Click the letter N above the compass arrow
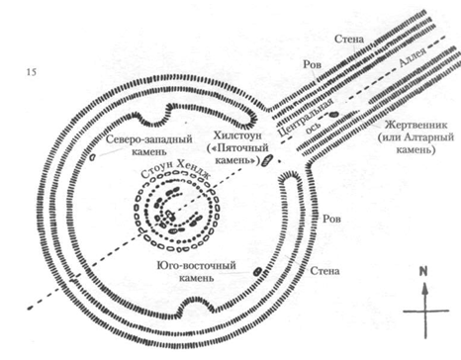[423, 271]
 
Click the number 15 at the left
[32, 72]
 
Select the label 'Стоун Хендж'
[175, 169]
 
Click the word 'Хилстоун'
[237, 135]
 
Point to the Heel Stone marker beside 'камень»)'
[266, 160]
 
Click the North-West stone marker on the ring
[92, 157]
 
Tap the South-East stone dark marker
[257, 271]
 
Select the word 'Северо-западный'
[149, 139]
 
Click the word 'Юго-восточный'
[197, 265]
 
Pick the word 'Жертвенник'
[416, 125]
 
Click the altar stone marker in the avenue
[333, 115]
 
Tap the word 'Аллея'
[413, 57]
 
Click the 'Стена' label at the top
[349, 39]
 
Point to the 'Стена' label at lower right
[324, 271]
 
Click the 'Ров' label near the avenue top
[312, 64]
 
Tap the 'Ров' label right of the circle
[331, 219]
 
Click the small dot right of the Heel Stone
[280, 161]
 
